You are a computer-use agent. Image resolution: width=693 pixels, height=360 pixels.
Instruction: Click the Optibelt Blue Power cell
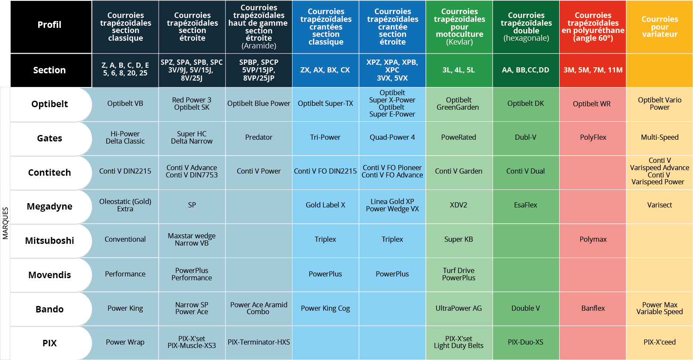pos(259,104)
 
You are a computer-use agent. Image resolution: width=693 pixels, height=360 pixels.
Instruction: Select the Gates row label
pos(50,138)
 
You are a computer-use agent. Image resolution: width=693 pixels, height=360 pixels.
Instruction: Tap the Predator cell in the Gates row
pos(259,138)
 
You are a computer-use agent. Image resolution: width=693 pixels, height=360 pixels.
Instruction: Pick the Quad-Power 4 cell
pos(392,138)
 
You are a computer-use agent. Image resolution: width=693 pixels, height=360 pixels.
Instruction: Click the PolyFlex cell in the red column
pos(593,138)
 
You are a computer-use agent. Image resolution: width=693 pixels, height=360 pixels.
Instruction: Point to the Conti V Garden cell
pos(458,171)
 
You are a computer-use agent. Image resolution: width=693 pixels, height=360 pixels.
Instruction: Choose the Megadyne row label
pos(50,207)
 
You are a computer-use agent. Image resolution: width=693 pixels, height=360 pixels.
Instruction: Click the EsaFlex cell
pos(525,205)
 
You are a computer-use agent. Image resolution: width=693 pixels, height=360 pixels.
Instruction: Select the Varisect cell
pos(659,205)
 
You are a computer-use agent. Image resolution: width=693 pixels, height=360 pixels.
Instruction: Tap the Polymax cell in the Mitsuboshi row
pos(593,240)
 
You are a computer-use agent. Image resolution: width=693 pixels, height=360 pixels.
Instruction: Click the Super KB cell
pos(458,240)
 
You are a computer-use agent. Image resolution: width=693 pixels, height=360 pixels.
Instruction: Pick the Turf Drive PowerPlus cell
pos(458,274)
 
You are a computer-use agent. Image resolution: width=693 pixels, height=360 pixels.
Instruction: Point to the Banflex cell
pos(593,309)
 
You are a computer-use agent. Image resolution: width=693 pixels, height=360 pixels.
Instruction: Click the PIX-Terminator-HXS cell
pos(259,342)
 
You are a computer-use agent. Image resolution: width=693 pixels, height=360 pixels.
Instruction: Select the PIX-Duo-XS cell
pos(525,342)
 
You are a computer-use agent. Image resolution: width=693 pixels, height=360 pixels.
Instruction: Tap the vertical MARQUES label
pos(6,223)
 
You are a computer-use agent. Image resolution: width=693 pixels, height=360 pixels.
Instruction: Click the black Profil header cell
pos(50,25)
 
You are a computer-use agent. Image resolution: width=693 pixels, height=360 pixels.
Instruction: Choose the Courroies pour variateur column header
pos(659,27)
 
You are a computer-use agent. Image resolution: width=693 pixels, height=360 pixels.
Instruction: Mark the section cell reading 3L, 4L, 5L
pos(458,70)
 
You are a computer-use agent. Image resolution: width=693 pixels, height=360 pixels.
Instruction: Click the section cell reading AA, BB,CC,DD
pos(525,70)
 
